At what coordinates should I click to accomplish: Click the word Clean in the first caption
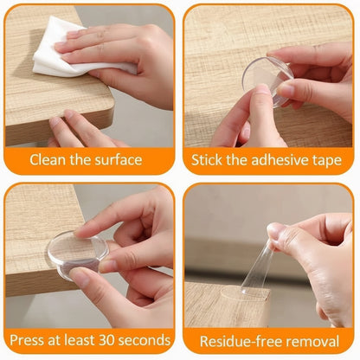click(x=49, y=159)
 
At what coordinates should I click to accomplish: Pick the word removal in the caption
click(x=316, y=338)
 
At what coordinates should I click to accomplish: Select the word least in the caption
click(x=75, y=338)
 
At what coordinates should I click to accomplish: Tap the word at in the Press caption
click(x=54, y=338)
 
